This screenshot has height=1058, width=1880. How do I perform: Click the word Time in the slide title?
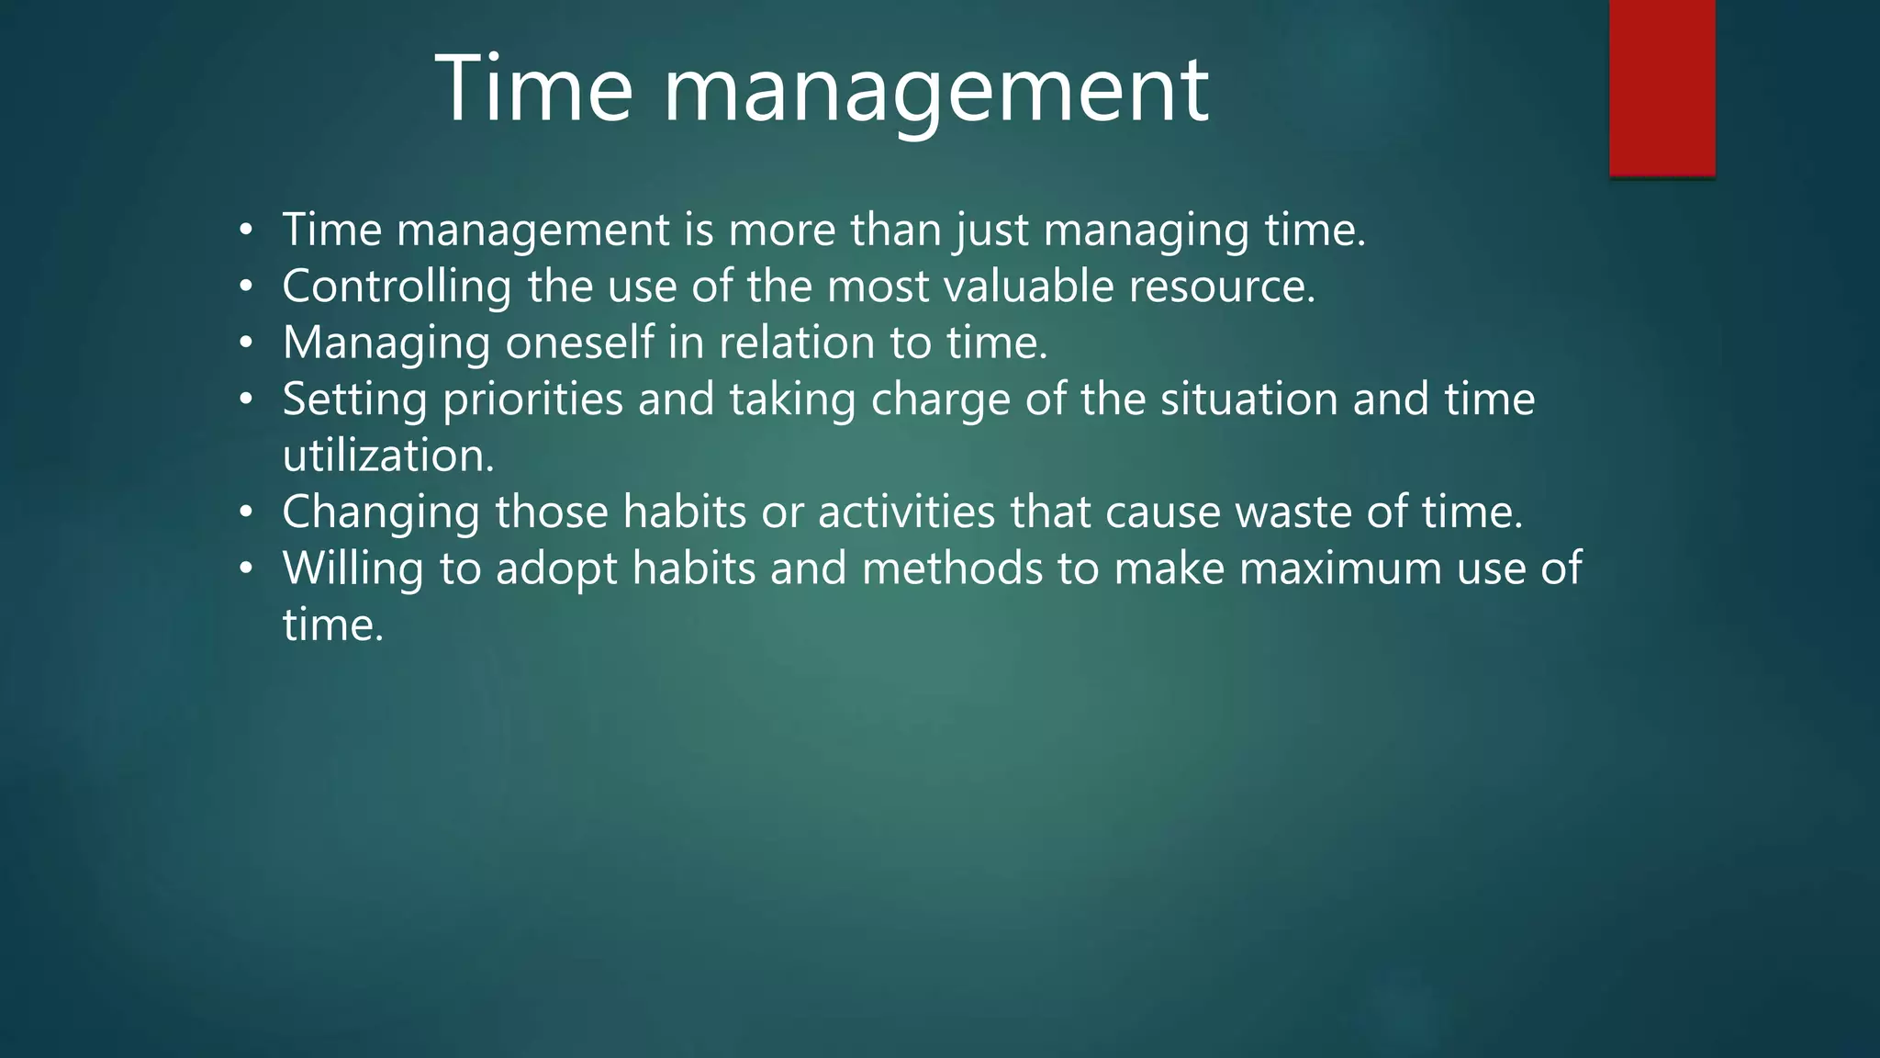[533, 89]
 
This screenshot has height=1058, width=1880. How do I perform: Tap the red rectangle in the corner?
[1662, 87]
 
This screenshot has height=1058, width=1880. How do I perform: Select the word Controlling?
[397, 287]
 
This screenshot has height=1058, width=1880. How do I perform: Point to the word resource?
[1221, 287]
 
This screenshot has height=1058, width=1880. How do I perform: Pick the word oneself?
[579, 343]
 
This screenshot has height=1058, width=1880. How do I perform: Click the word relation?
[796, 343]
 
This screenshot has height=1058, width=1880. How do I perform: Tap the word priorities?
[532, 400]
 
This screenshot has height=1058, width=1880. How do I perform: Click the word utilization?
[387, 456]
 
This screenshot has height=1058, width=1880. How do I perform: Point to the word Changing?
[380, 512]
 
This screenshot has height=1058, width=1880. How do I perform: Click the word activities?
[906, 512]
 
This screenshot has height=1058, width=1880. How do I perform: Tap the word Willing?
[352, 569]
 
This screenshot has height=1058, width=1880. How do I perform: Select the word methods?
[951, 568]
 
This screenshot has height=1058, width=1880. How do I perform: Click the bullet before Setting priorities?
[245, 400]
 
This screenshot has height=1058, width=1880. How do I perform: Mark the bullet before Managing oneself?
[245, 343]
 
